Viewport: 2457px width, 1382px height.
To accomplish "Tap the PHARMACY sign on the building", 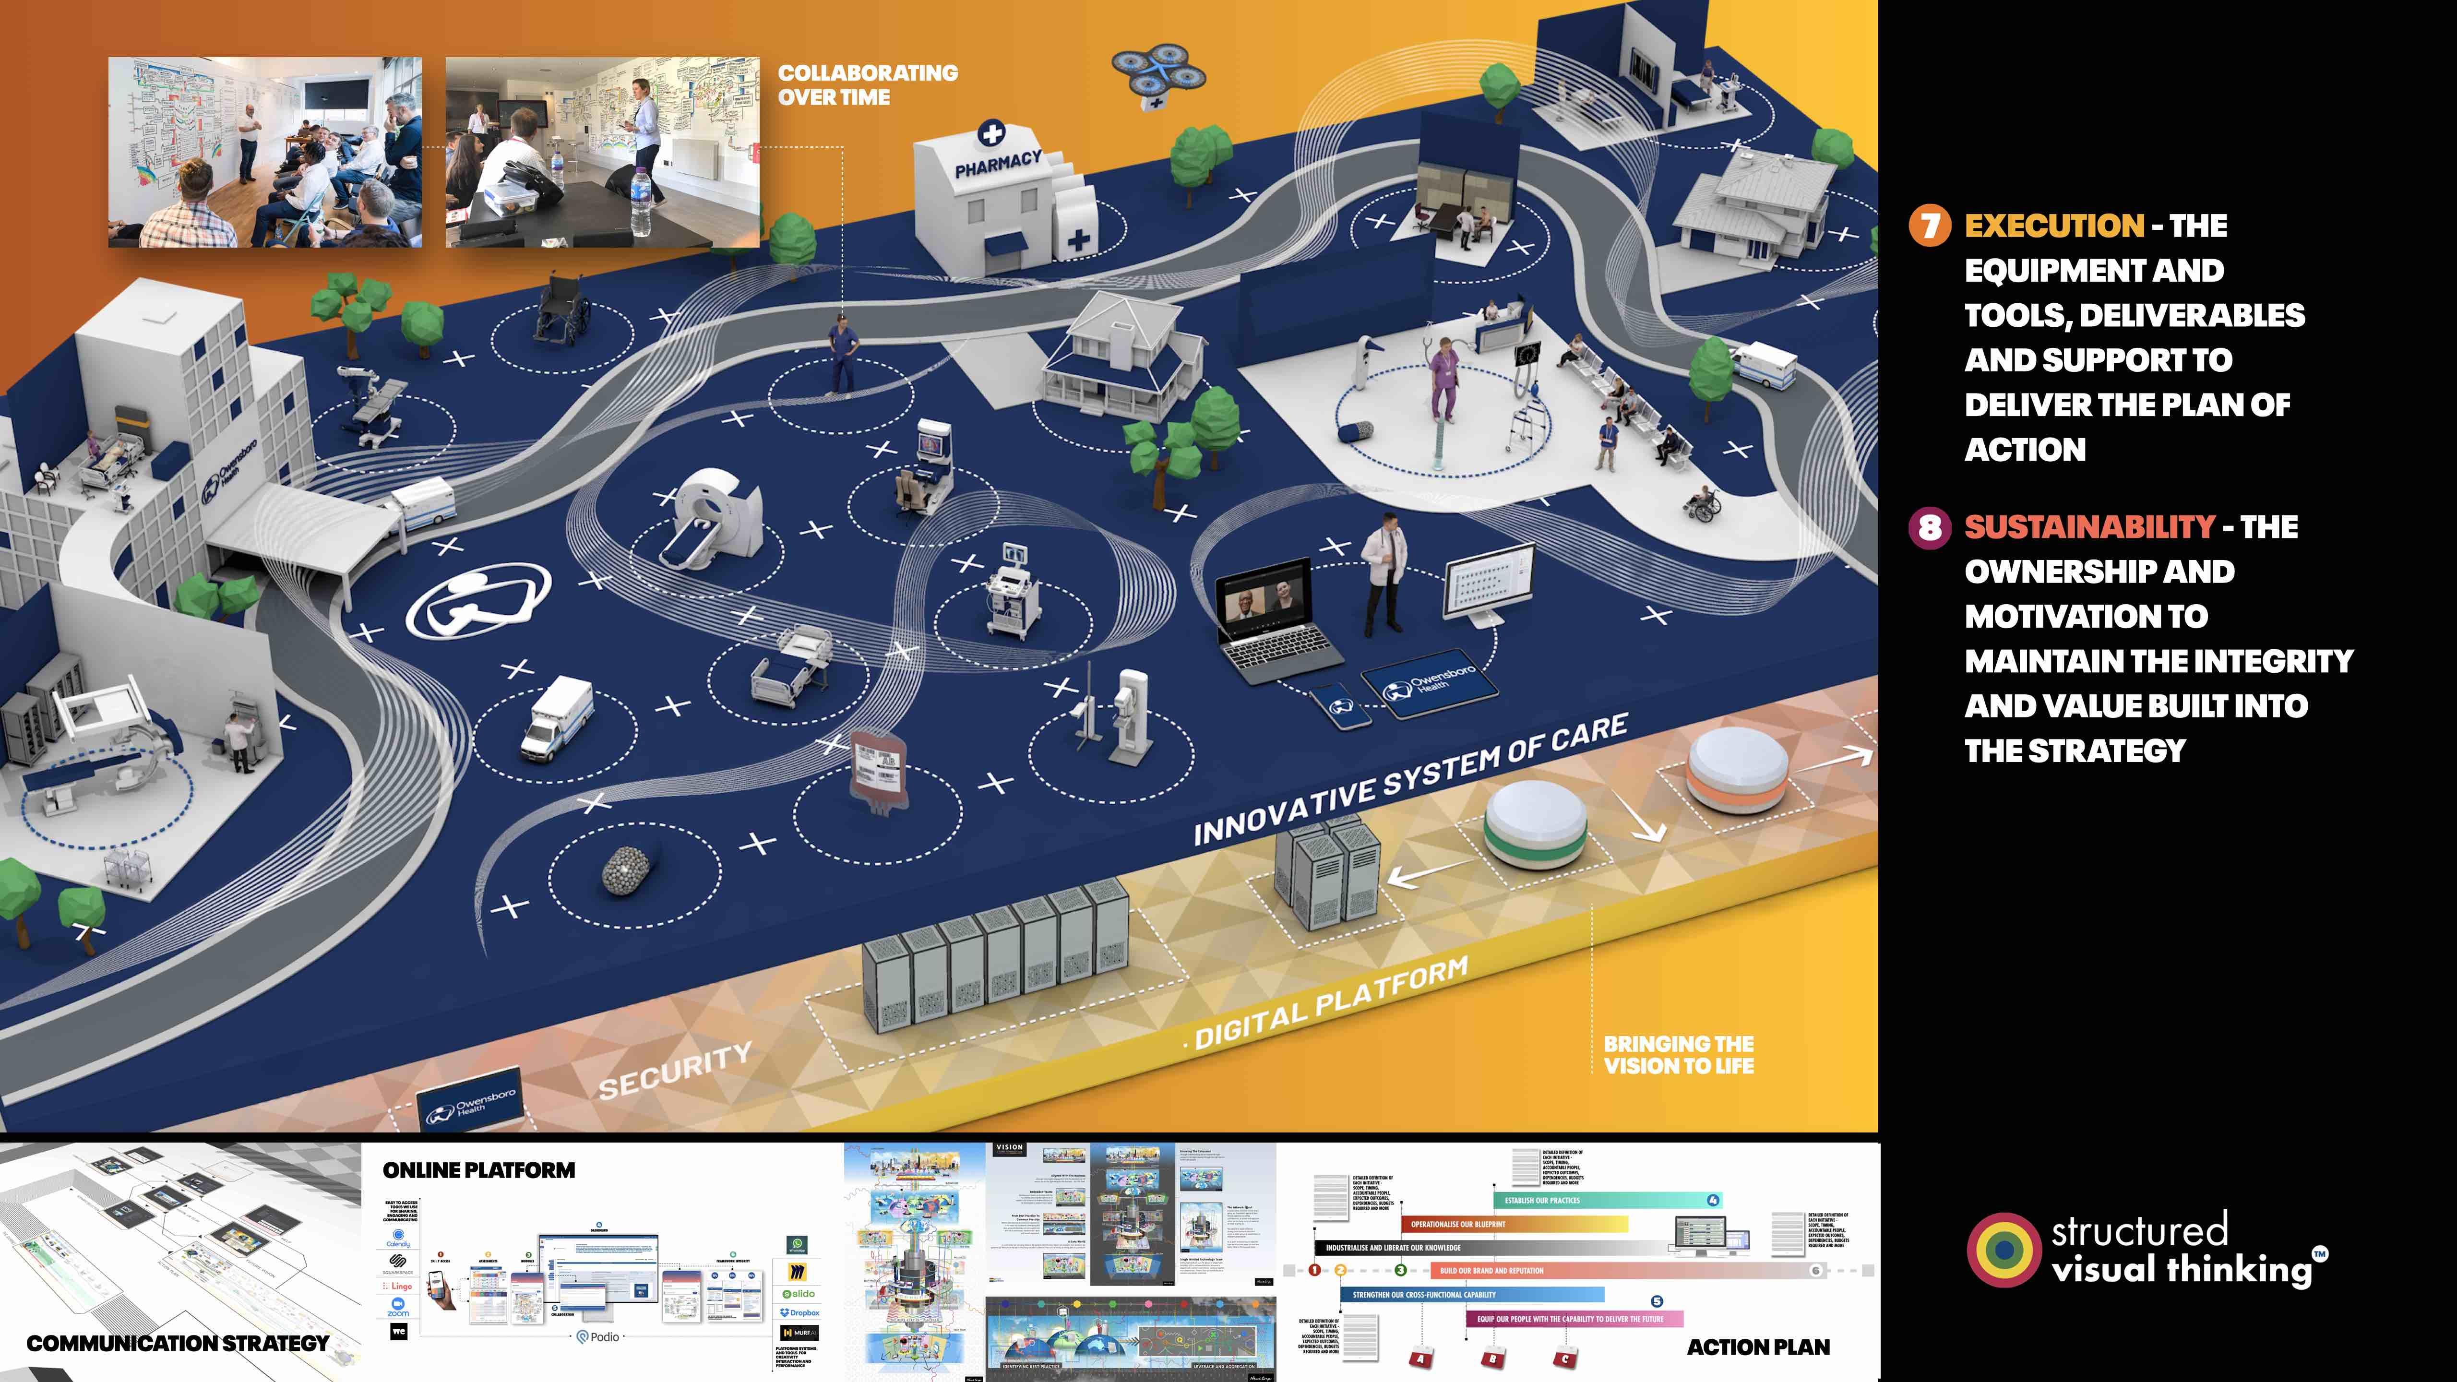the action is point(998,164).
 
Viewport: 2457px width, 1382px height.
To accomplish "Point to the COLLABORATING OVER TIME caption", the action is point(867,85).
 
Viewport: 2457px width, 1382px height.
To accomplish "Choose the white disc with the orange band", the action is point(1737,769).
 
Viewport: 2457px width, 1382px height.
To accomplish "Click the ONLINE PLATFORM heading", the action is point(479,1170).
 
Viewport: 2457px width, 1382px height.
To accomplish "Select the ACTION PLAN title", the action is point(1758,1346).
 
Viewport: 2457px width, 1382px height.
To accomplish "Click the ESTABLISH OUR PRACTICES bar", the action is point(1602,1200).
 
